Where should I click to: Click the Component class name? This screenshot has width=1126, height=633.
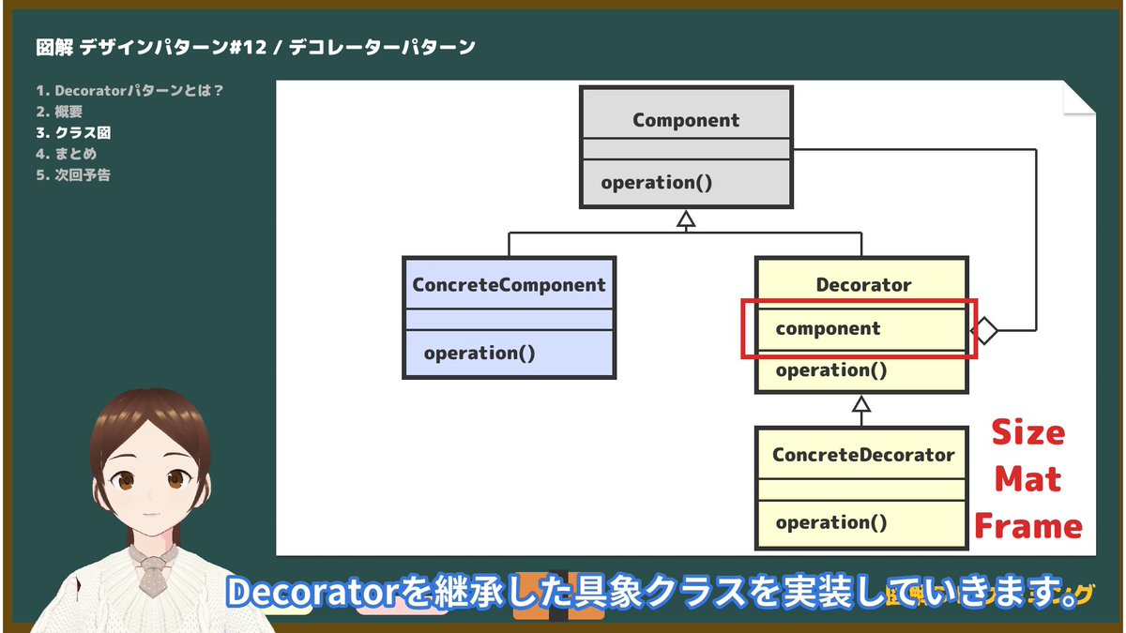686,120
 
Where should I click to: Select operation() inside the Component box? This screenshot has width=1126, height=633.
657,182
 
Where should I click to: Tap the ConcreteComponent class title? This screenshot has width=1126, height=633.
509,285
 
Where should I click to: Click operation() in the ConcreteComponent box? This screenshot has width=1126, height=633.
479,354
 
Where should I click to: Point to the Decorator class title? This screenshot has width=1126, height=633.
863,284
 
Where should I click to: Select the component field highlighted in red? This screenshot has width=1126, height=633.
829,329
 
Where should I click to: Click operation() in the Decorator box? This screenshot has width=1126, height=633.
831,370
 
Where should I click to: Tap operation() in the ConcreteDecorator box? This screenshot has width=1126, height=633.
831,522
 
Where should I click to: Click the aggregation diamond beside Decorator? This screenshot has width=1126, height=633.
983,330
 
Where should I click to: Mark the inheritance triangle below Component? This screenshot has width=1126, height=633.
686,220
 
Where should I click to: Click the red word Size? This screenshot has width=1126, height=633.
1028,433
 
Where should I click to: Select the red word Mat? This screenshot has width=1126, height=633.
1027,479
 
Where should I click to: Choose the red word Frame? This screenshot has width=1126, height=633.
1028,526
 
